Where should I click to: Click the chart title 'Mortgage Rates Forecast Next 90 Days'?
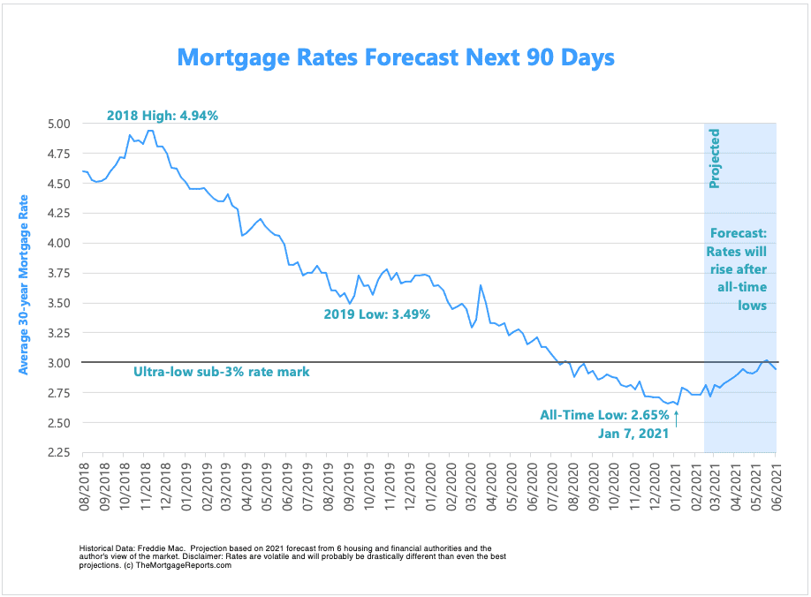[x=395, y=57]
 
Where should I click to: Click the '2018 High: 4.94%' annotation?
[x=162, y=115]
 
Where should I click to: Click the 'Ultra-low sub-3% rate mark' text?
[x=221, y=372]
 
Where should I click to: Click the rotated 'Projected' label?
[x=716, y=159]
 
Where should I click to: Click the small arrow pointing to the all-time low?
[x=677, y=419]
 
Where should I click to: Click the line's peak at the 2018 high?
[x=150, y=131]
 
